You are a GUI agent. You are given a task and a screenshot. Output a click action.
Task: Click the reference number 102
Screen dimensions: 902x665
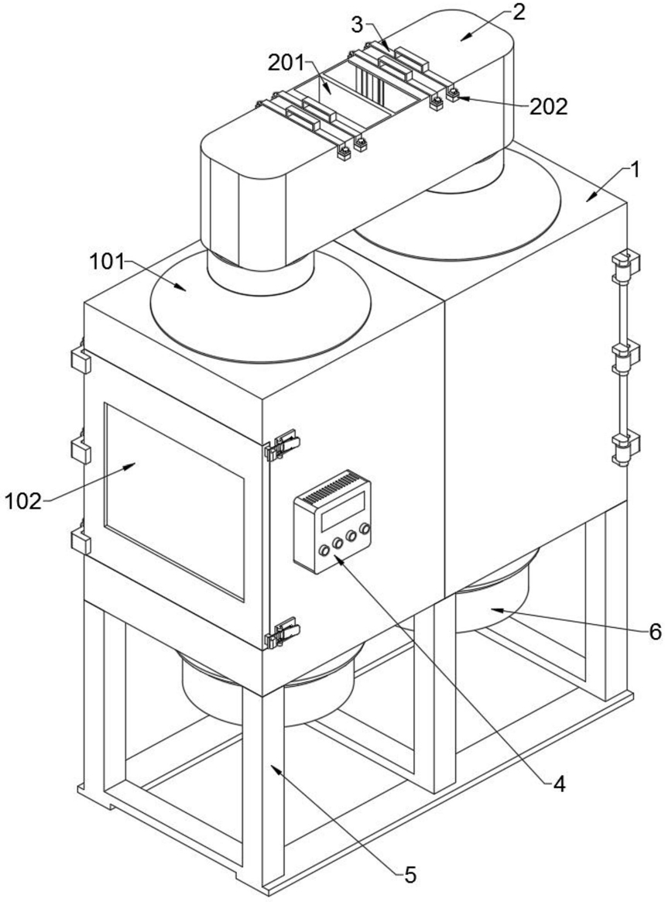[24, 500]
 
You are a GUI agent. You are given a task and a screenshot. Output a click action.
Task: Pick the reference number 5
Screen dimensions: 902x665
[410, 876]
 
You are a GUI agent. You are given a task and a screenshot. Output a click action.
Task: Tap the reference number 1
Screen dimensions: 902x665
[635, 170]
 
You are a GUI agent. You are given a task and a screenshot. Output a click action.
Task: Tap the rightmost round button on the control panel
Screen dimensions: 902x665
[364, 529]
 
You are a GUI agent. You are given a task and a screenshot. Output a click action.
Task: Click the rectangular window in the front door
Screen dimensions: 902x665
[175, 499]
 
